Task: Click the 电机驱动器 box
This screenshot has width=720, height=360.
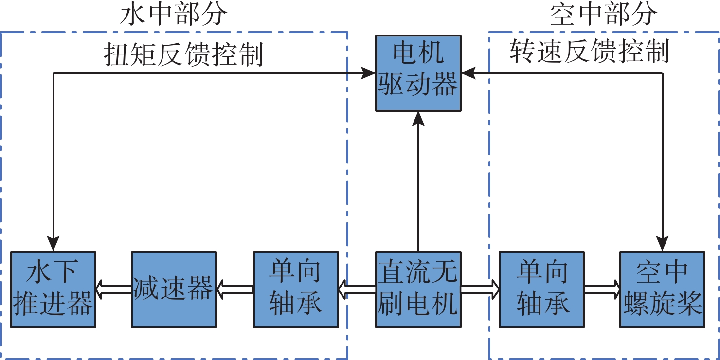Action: pos(418,73)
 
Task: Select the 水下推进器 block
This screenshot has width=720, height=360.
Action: pos(53,289)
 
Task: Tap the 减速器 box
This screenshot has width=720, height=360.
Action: pos(174,289)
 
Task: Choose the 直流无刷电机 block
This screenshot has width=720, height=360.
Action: pos(418,289)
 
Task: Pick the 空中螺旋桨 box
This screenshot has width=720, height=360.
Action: pos(662,289)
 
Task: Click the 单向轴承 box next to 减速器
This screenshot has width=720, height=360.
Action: pos(296,289)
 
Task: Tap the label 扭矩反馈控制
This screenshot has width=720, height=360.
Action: pos(183,54)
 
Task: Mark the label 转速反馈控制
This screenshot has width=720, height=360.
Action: pos(590,52)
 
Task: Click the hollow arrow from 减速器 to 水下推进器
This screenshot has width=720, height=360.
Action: pos(113,289)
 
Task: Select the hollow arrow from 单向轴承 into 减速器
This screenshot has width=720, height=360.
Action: pos(235,289)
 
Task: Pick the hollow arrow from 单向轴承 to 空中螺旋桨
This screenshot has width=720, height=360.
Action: pos(602,289)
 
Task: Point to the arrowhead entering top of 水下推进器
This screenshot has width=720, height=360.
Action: pos(53,243)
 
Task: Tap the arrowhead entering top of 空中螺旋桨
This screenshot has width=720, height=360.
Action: pos(662,243)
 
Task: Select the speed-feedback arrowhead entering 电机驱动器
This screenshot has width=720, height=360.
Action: pos(468,73)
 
